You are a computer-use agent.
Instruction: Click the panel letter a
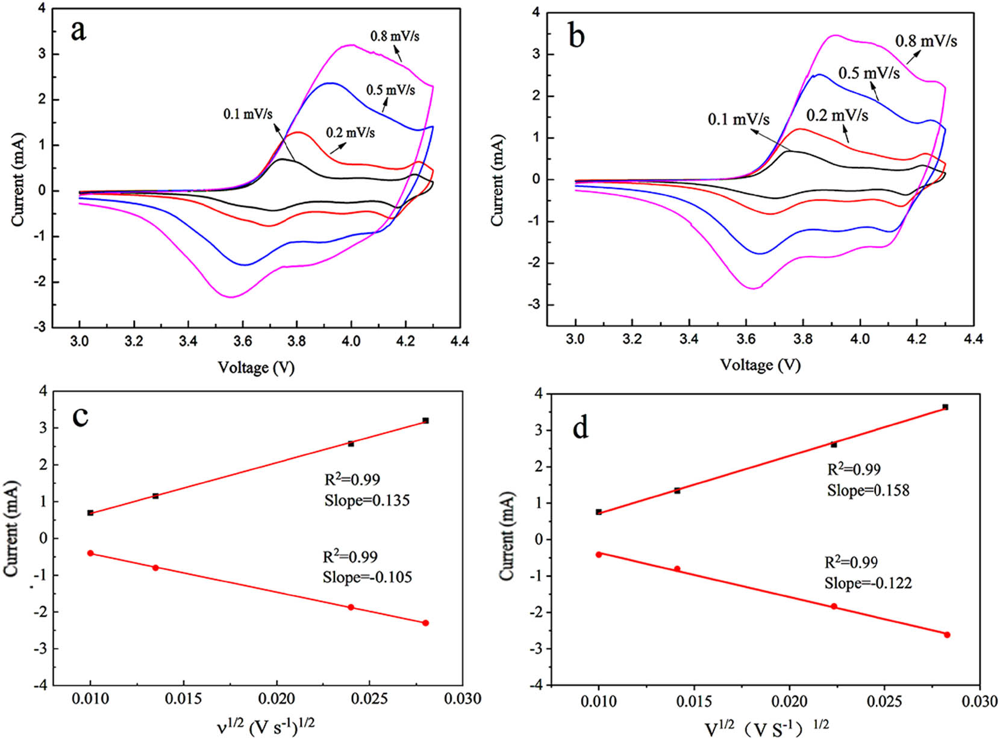tap(78, 30)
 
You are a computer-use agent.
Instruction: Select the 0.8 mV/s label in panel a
tap(395, 36)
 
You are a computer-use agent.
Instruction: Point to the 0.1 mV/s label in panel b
tap(738, 119)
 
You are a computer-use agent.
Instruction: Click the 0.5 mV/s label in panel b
tap(869, 74)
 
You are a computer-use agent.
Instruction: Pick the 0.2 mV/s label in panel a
tap(350, 132)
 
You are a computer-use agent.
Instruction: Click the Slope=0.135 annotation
tap(367, 500)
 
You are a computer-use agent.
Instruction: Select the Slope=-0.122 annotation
tap(867, 583)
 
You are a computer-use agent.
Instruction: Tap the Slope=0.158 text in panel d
tap(867, 490)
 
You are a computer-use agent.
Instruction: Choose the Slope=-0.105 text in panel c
tap(367, 577)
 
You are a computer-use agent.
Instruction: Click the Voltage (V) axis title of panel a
tap(256, 367)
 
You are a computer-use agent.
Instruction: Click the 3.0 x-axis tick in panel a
tap(80, 341)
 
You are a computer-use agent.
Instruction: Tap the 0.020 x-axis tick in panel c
tap(277, 698)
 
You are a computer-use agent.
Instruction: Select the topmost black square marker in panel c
tap(425, 421)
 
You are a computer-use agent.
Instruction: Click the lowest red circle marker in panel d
tap(947, 635)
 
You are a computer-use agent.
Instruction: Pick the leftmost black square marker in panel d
tap(599, 512)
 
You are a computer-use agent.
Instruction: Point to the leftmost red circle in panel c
tap(90, 553)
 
